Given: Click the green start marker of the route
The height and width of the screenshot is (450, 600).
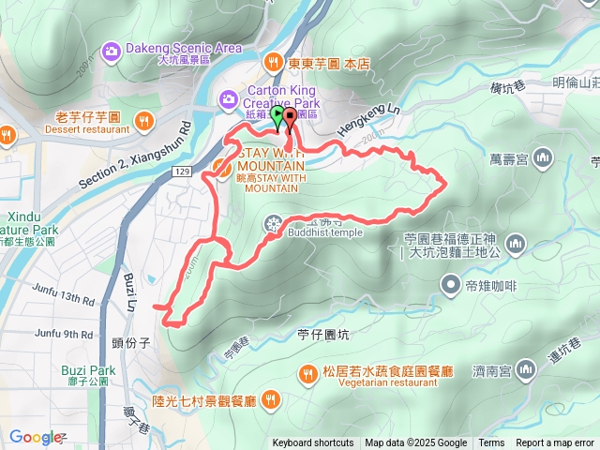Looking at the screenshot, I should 277,114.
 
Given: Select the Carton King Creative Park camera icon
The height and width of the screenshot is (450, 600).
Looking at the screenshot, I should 229,97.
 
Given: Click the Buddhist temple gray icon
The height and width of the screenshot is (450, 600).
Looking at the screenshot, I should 272,223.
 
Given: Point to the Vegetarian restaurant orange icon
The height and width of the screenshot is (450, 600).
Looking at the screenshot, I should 307,375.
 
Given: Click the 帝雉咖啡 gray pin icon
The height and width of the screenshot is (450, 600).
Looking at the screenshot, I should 451,283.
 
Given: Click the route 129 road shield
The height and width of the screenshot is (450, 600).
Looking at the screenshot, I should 183,172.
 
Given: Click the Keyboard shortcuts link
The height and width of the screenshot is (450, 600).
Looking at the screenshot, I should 313,443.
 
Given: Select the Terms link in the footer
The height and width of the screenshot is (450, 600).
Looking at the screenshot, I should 491,443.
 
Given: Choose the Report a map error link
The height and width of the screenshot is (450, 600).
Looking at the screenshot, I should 556,443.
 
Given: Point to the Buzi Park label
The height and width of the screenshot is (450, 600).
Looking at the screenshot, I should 88,370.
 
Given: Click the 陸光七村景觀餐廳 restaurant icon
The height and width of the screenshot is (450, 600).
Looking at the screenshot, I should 272,400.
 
